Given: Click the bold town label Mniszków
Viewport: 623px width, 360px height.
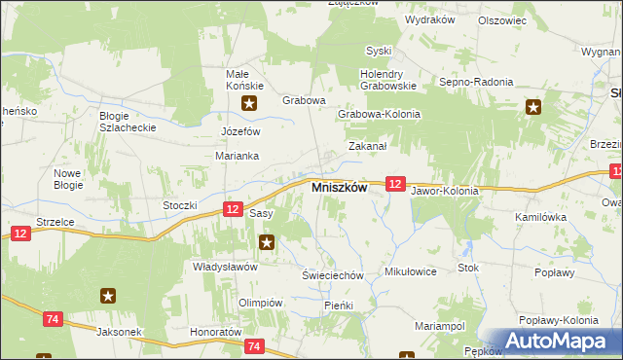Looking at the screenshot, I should click(x=338, y=188).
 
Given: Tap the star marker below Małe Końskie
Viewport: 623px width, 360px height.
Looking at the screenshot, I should click(x=250, y=103).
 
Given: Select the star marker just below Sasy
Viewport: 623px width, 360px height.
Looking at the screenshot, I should click(x=266, y=241).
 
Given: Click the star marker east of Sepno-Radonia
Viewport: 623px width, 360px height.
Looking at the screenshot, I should click(x=532, y=109).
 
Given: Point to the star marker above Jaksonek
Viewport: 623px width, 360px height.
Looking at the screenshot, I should click(x=109, y=295).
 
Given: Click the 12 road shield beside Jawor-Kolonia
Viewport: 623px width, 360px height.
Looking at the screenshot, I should click(x=394, y=183).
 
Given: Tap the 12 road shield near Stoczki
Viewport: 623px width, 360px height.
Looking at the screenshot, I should click(x=232, y=208).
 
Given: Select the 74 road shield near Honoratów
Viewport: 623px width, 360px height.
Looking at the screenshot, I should click(x=255, y=346).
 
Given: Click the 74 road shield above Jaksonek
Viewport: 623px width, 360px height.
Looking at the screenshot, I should click(x=54, y=317).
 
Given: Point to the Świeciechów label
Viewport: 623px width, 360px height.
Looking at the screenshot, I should click(x=332, y=275).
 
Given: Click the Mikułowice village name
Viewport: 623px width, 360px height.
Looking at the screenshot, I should click(x=411, y=271).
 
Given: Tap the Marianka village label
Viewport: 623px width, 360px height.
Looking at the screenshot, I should click(x=236, y=155).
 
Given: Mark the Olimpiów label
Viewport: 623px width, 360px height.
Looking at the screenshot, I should click(x=260, y=303).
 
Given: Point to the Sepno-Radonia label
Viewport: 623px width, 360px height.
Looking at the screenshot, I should click(x=476, y=83).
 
